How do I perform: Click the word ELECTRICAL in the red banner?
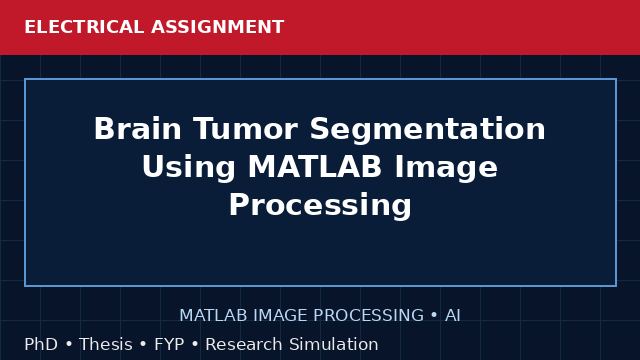click(84, 27)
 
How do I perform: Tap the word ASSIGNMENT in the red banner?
click(218, 27)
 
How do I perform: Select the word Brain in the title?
click(138, 129)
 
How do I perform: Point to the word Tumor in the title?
click(246, 129)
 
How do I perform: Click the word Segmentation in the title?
click(428, 129)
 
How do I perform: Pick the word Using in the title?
click(189, 168)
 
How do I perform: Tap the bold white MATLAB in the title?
click(315, 167)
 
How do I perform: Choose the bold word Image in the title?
click(446, 168)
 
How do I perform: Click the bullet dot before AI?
click(434, 315)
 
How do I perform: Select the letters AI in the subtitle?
click(453, 315)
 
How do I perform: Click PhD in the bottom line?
click(41, 344)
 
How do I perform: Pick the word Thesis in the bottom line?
click(106, 344)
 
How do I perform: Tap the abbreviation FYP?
click(169, 344)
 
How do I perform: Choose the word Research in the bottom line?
click(244, 344)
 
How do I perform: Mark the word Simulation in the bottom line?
click(333, 344)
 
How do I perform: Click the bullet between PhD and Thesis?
click(69, 344)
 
